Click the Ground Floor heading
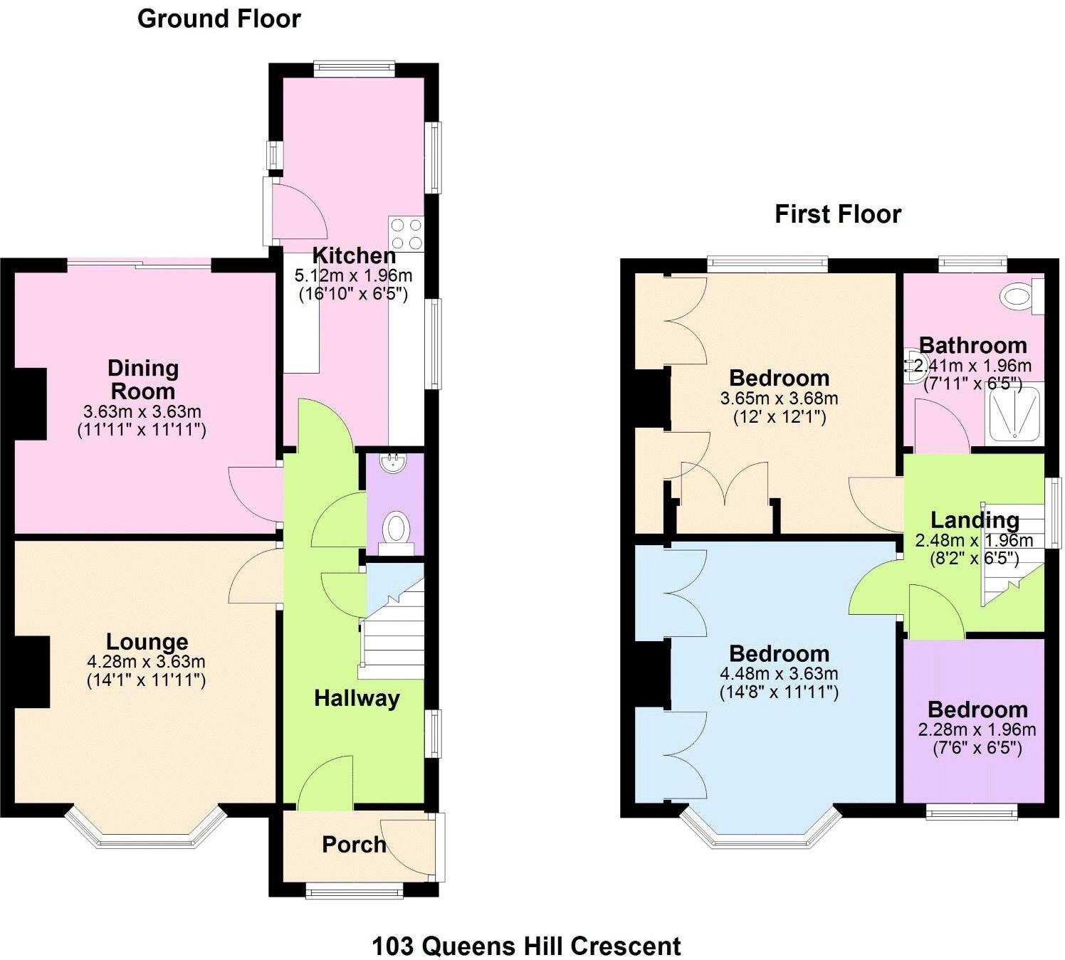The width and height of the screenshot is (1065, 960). (x=219, y=19)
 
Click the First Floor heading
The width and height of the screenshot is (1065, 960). (x=838, y=214)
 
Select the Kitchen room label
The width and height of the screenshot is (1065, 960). (x=354, y=255)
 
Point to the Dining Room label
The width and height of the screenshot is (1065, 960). (x=142, y=379)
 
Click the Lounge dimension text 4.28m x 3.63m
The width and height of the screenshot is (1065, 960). (x=146, y=662)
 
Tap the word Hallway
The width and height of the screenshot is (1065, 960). (x=357, y=698)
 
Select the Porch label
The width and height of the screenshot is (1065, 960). (x=354, y=844)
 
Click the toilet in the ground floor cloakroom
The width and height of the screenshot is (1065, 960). (x=396, y=530)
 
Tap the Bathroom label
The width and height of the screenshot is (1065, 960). (x=972, y=346)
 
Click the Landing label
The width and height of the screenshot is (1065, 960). (x=975, y=520)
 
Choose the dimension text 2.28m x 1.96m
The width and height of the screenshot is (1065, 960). (x=977, y=729)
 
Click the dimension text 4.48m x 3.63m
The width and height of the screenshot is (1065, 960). (x=779, y=673)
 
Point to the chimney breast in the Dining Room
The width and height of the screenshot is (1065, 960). (x=31, y=403)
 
